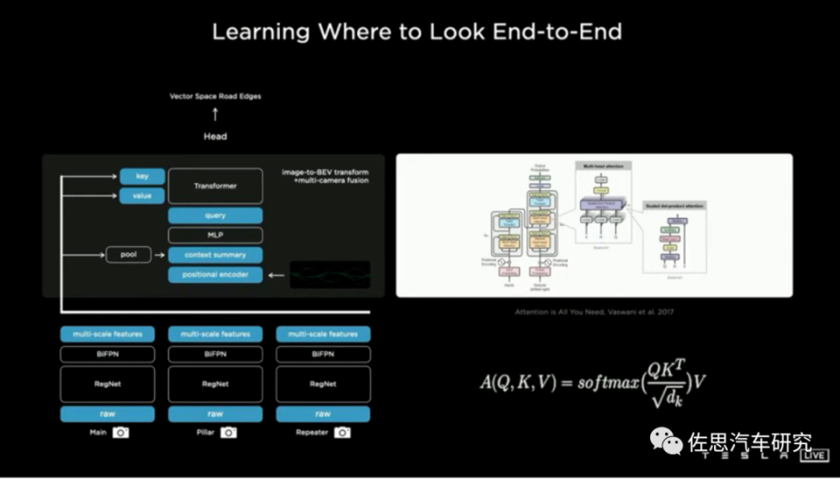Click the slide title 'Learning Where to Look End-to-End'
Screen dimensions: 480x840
[x=417, y=32]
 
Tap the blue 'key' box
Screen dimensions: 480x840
[x=142, y=176]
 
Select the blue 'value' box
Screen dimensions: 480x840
[x=142, y=195]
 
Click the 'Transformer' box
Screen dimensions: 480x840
[x=215, y=186]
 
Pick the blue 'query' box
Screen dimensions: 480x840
[x=215, y=215]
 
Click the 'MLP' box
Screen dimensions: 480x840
[x=215, y=235]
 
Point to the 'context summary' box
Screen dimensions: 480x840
[x=215, y=255]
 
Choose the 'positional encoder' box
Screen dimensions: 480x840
[x=215, y=275]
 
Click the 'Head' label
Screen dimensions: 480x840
[x=215, y=137]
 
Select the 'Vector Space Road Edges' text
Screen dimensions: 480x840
[x=215, y=96]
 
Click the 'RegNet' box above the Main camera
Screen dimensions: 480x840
[x=108, y=384]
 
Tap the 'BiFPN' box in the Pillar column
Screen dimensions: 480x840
[x=215, y=354]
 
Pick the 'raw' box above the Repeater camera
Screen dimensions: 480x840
[x=323, y=413]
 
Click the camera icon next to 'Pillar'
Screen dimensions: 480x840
[x=228, y=432]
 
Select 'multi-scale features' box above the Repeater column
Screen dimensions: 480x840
[x=323, y=334]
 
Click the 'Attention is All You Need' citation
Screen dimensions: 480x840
[x=594, y=312]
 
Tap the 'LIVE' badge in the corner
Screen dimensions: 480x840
[x=815, y=455]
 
